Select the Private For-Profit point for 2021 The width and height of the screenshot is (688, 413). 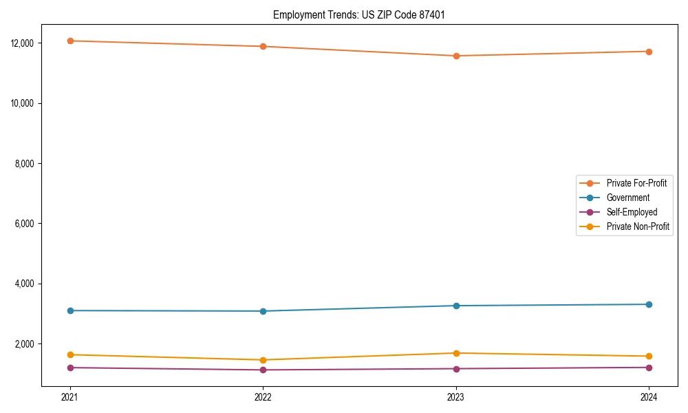point(70,41)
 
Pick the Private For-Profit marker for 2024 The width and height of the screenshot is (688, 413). point(649,52)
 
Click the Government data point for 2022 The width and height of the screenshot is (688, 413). point(263,311)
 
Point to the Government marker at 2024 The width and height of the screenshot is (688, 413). point(649,304)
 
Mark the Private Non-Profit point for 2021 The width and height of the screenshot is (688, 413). point(70,354)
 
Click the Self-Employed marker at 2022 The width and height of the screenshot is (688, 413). point(263,370)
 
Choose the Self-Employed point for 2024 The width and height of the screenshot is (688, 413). point(649,367)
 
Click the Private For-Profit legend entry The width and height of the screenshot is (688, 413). point(636,183)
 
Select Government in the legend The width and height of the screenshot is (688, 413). point(628,198)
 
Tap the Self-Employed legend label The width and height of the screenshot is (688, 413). point(632,212)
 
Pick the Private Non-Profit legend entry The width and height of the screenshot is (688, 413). point(638,226)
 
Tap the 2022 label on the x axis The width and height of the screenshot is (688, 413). point(263,397)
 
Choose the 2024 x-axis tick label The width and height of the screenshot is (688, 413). point(649,397)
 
